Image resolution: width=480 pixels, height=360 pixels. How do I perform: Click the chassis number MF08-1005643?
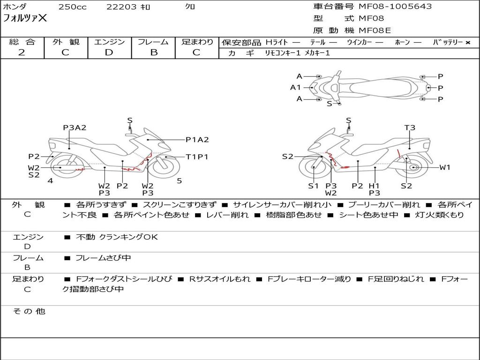coord(395,6)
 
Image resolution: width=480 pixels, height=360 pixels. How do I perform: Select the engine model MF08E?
coord(375,30)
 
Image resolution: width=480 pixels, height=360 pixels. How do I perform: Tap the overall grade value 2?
coord(22,52)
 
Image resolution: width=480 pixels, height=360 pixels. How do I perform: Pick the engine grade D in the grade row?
coord(109,52)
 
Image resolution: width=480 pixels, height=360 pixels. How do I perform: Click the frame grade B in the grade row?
coord(154,52)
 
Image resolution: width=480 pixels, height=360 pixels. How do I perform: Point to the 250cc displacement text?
coord(73,7)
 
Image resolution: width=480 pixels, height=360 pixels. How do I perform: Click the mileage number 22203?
coord(121,7)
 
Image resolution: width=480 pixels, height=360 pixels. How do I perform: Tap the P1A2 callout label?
coord(197,140)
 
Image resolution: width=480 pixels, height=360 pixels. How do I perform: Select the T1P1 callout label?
coord(197,157)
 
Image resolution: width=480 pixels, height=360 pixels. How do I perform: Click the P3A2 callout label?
coord(75,127)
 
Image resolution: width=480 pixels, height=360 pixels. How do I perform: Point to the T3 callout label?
coord(410,127)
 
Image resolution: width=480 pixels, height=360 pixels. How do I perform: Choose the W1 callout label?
coord(445,167)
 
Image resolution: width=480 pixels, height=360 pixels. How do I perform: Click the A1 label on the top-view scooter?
coord(295,88)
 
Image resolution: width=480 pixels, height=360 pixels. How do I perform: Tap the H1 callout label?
coord(374,186)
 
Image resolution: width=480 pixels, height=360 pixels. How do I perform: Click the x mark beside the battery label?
coord(468,43)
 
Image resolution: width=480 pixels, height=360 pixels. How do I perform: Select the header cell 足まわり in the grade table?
coord(197,42)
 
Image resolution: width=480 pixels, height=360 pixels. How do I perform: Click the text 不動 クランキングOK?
coord(117,237)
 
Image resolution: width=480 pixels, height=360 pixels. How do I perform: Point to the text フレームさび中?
coord(103,258)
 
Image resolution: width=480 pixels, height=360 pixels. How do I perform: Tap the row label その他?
coord(29,311)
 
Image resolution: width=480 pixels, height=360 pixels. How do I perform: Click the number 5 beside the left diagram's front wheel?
coord(180,181)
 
